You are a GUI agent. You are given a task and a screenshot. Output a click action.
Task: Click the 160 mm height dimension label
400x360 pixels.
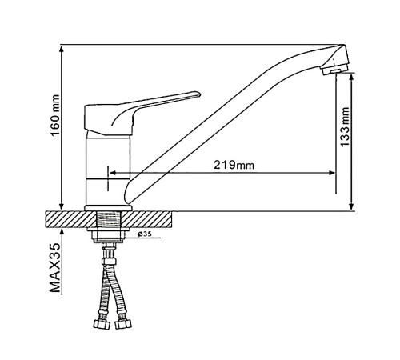(x=55, y=115)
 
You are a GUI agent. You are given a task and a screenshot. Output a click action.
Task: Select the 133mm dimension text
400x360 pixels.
(x=345, y=126)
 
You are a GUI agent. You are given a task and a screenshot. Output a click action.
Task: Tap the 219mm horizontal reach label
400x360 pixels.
(x=234, y=165)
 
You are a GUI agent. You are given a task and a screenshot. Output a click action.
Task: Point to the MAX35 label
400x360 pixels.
(x=55, y=268)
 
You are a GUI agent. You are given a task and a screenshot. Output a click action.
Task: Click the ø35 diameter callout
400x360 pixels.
(x=145, y=234)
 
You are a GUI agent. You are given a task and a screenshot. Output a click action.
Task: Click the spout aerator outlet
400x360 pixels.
(x=335, y=70)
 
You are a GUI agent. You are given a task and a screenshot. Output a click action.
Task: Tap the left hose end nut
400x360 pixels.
(x=102, y=324)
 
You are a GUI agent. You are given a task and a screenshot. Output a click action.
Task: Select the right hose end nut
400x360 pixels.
(x=123, y=324)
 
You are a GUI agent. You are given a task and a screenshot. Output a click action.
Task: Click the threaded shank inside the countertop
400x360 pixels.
(x=108, y=219)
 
